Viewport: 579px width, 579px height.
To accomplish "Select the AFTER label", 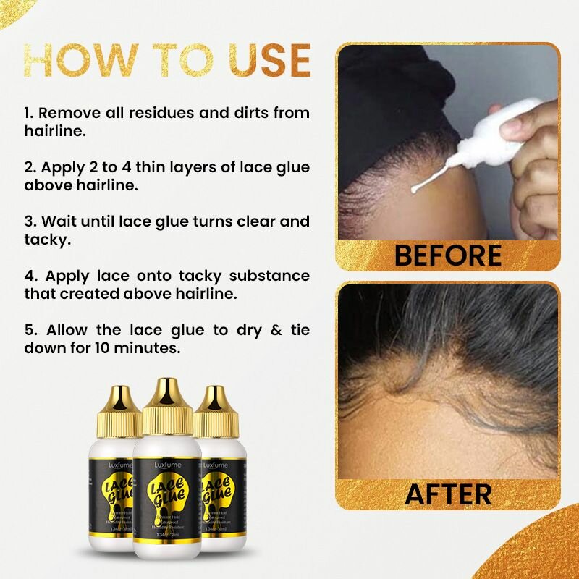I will pyautogui.click(x=448, y=494).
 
